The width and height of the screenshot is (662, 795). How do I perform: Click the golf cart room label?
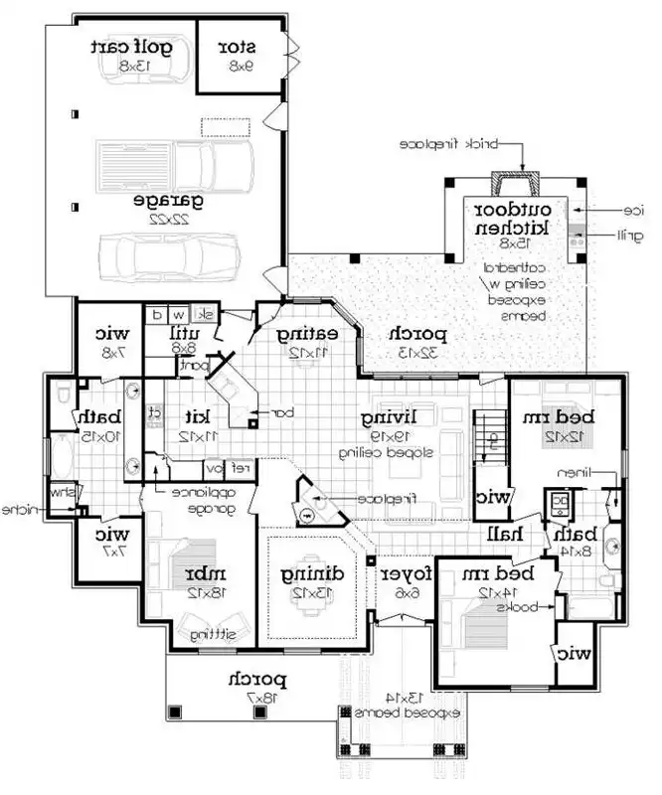point(131,48)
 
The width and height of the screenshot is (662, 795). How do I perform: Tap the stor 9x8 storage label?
point(238,48)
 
